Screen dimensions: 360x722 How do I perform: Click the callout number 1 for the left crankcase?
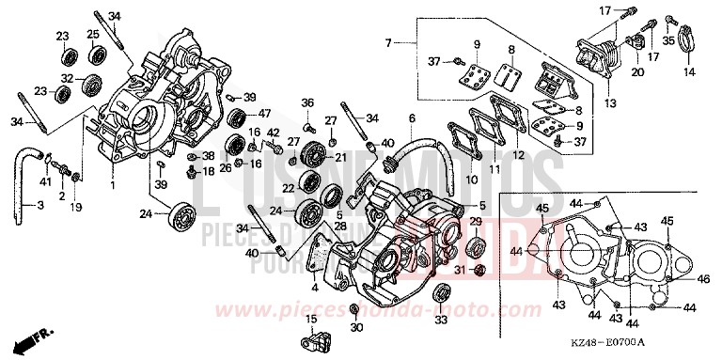coord(113,185)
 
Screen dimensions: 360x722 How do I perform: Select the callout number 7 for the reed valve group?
coord(386,42)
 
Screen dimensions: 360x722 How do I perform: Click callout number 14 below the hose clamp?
coord(686,72)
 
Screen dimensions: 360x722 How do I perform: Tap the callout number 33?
coord(441,321)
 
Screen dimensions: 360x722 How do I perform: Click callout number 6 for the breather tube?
coord(411,118)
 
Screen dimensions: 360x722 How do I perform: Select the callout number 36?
coord(307,102)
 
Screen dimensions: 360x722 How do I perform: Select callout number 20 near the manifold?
coord(637,71)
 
